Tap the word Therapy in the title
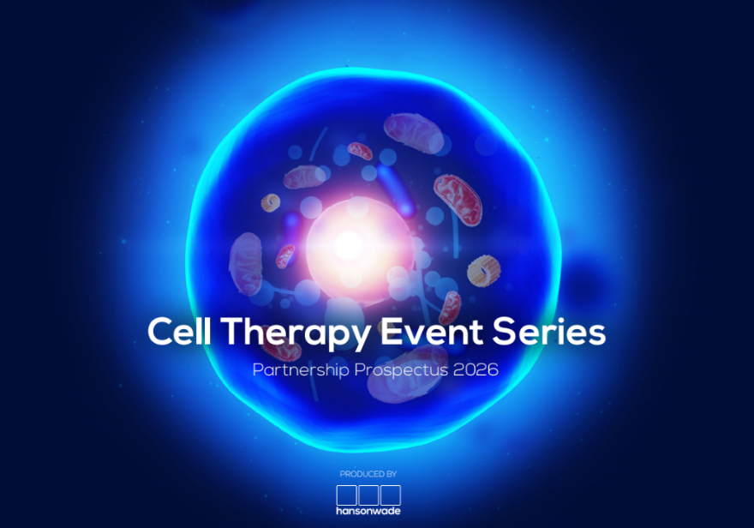(288, 333)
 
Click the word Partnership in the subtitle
(296, 371)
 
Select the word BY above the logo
(391, 474)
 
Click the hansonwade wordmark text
(368, 511)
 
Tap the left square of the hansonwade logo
(346, 495)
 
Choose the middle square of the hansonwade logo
(368, 495)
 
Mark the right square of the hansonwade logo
(391, 495)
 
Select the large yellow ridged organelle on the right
(482, 271)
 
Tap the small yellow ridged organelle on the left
(271, 202)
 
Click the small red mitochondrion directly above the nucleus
(361, 151)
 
